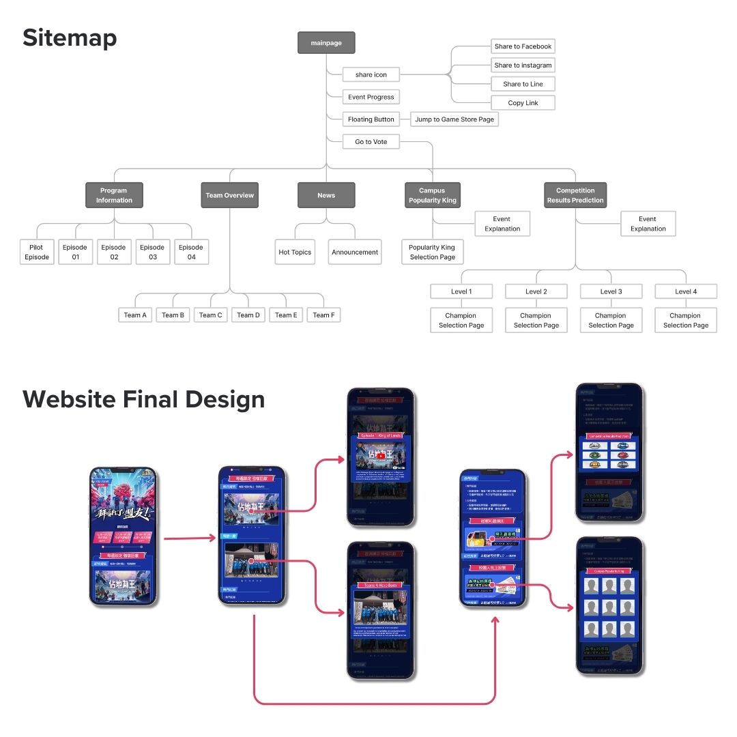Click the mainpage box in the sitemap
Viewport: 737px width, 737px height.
[326, 43]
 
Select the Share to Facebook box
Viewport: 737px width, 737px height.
[523, 46]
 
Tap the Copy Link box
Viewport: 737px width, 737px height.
[523, 103]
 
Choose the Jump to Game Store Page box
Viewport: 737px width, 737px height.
[454, 119]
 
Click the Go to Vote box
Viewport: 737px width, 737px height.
[371, 142]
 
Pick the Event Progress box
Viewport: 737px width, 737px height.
[371, 97]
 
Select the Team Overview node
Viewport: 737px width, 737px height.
[229, 195]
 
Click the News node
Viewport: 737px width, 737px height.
[326, 195]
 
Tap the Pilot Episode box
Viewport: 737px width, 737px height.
[37, 252]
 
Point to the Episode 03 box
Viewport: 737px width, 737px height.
[152, 252]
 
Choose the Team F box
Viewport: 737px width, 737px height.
[323, 315]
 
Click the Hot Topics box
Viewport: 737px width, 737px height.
[295, 252]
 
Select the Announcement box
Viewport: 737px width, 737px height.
[355, 252]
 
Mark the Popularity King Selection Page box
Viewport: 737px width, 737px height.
[432, 252]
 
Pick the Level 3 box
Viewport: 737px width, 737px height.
[611, 291]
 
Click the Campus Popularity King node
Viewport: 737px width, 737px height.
[432, 195]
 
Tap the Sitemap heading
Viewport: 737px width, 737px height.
[70, 38]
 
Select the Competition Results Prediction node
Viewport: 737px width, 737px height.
[575, 195]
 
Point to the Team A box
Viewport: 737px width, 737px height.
[135, 315]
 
